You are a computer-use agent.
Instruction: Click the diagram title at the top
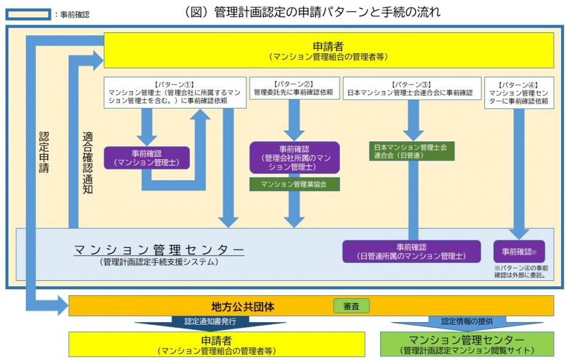coord(313,11)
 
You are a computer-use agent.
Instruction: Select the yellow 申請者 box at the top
coord(328,50)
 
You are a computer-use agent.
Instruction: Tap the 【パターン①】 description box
coord(175,92)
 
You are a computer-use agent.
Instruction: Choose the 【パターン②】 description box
coord(293,88)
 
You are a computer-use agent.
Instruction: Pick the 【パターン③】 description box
coord(410,88)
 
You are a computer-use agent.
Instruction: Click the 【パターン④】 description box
coord(518,92)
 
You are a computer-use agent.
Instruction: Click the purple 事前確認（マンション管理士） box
coord(147,157)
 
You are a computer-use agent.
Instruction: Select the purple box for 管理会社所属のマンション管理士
coord(294,158)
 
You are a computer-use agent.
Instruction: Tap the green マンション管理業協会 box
coord(294,184)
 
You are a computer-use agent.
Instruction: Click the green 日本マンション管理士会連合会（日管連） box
coord(411,151)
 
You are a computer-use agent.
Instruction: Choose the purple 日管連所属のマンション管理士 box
coord(411,252)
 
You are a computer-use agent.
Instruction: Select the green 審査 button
coord(351,306)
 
